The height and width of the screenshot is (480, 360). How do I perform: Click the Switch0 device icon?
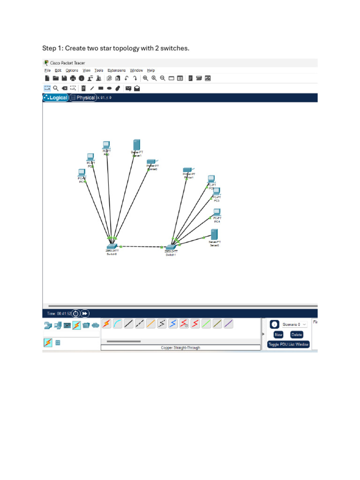(x=111, y=246)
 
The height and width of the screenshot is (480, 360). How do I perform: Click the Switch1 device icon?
(x=170, y=247)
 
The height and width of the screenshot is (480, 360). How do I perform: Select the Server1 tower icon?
(x=136, y=145)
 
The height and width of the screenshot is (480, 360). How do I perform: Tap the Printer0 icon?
(x=150, y=162)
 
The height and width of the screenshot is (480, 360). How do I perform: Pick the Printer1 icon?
(x=188, y=170)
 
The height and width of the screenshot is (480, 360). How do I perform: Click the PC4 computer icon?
(x=217, y=212)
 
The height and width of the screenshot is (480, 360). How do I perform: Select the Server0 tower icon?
(x=214, y=234)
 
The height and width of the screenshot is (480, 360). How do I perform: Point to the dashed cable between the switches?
(x=141, y=247)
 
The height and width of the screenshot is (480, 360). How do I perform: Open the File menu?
(x=47, y=70)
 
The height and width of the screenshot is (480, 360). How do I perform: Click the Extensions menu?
(x=116, y=70)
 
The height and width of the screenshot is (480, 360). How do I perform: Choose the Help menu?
(x=151, y=70)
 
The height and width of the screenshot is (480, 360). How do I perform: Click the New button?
(x=278, y=335)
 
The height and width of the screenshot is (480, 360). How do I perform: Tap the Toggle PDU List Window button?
(x=288, y=344)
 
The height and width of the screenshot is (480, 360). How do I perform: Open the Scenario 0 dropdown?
(x=294, y=324)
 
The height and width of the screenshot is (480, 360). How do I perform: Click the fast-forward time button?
(x=85, y=313)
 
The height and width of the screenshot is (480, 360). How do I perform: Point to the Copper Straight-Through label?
(x=180, y=348)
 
